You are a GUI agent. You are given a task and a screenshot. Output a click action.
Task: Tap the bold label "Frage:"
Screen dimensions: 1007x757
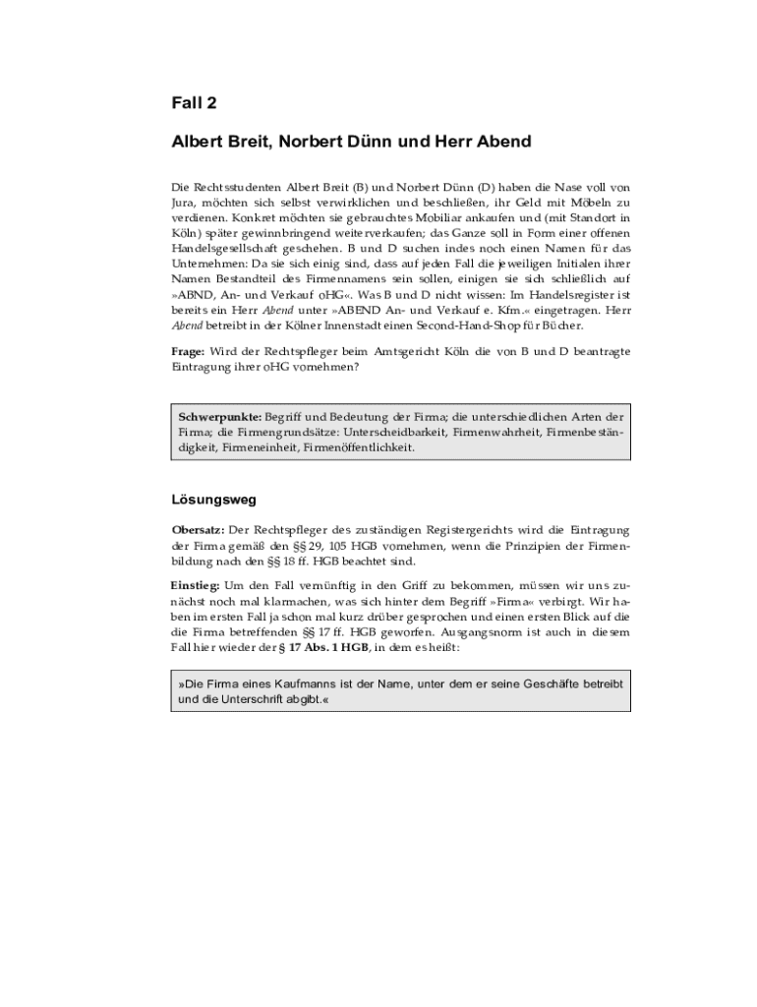pyautogui.click(x=190, y=351)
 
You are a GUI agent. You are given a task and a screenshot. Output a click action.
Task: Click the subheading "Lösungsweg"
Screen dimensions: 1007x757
pyautogui.click(x=213, y=500)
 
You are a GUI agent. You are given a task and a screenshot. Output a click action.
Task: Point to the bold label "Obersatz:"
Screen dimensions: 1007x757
pyautogui.click(x=199, y=530)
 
